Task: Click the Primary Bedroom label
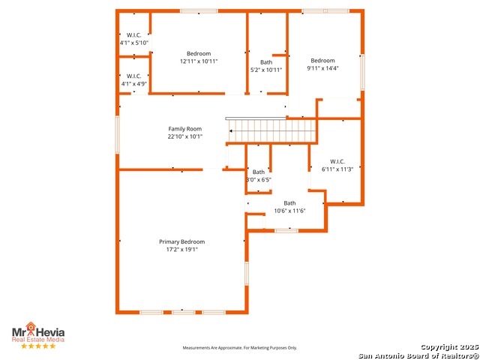click(x=181, y=241)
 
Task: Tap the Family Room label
click(x=185, y=129)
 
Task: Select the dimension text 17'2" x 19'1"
click(x=181, y=250)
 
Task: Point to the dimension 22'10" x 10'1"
click(x=185, y=136)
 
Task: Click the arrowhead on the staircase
click(x=231, y=131)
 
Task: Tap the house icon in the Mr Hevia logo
click(x=31, y=326)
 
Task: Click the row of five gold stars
click(x=38, y=346)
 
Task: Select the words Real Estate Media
click(x=38, y=340)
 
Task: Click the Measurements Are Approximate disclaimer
click(x=240, y=348)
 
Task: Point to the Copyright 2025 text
click(x=449, y=346)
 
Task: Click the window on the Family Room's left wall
click(x=117, y=134)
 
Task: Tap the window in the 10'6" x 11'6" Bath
click(x=286, y=230)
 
